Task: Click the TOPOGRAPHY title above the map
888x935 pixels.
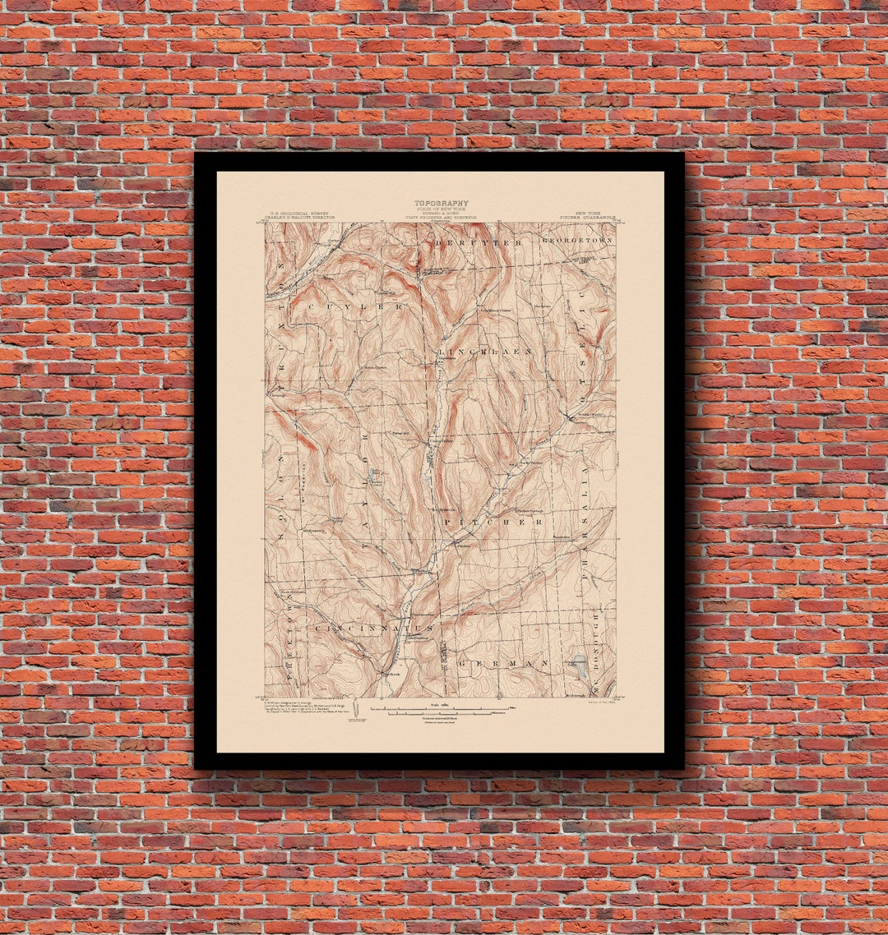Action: pyautogui.click(x=441, y=203)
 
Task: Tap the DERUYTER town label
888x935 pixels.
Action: pyautogui.click(x=480, y=243)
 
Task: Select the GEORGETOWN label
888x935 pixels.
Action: pyautogui.click(x=577, y=240)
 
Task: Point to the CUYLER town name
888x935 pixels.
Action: pyautogui.click(x=356, y=306)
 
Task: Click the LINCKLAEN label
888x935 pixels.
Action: pyautogui.click(x=487, y=351)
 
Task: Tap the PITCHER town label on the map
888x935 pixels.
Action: pyautogui.click(x=493, y=522)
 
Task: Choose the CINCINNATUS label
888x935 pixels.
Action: pyautogui.click(x=361, y=629)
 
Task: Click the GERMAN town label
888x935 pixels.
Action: pyautogui.click(x=502, y=663)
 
